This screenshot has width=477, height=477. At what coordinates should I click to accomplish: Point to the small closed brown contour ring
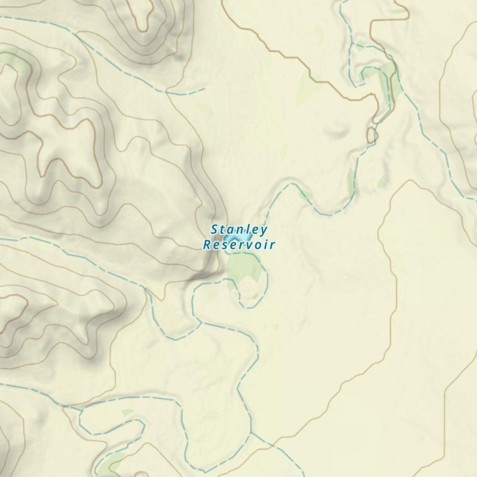[x=372, y=135]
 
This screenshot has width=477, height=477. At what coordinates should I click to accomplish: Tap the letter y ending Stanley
[x=264, y=231]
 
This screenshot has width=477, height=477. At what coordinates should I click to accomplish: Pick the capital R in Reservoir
[x=207, y=245]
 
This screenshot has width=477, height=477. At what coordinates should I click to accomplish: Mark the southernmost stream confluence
[x=251, y=434]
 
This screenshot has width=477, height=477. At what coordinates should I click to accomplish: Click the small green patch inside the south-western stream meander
[x=128, y=413]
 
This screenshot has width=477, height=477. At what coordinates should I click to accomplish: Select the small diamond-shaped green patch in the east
[x=382, y=182]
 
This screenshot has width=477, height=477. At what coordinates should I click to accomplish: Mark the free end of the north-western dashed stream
[x=205, y=88]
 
